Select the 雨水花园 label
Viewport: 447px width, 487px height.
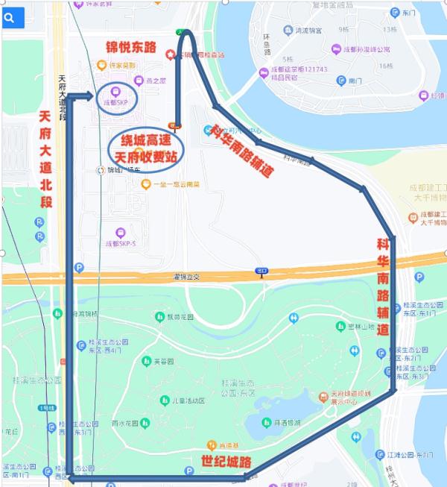127,422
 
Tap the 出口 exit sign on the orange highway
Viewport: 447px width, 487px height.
261,271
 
